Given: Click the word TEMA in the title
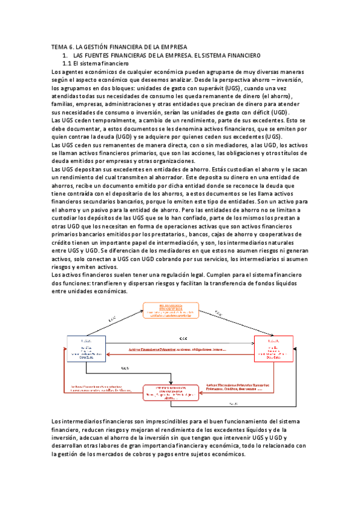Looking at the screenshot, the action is click(x=59, y=47).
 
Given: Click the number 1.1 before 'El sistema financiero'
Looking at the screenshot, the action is click(x=67, y=63).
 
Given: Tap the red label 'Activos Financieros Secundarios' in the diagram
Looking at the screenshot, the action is click(x=96, y=386).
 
